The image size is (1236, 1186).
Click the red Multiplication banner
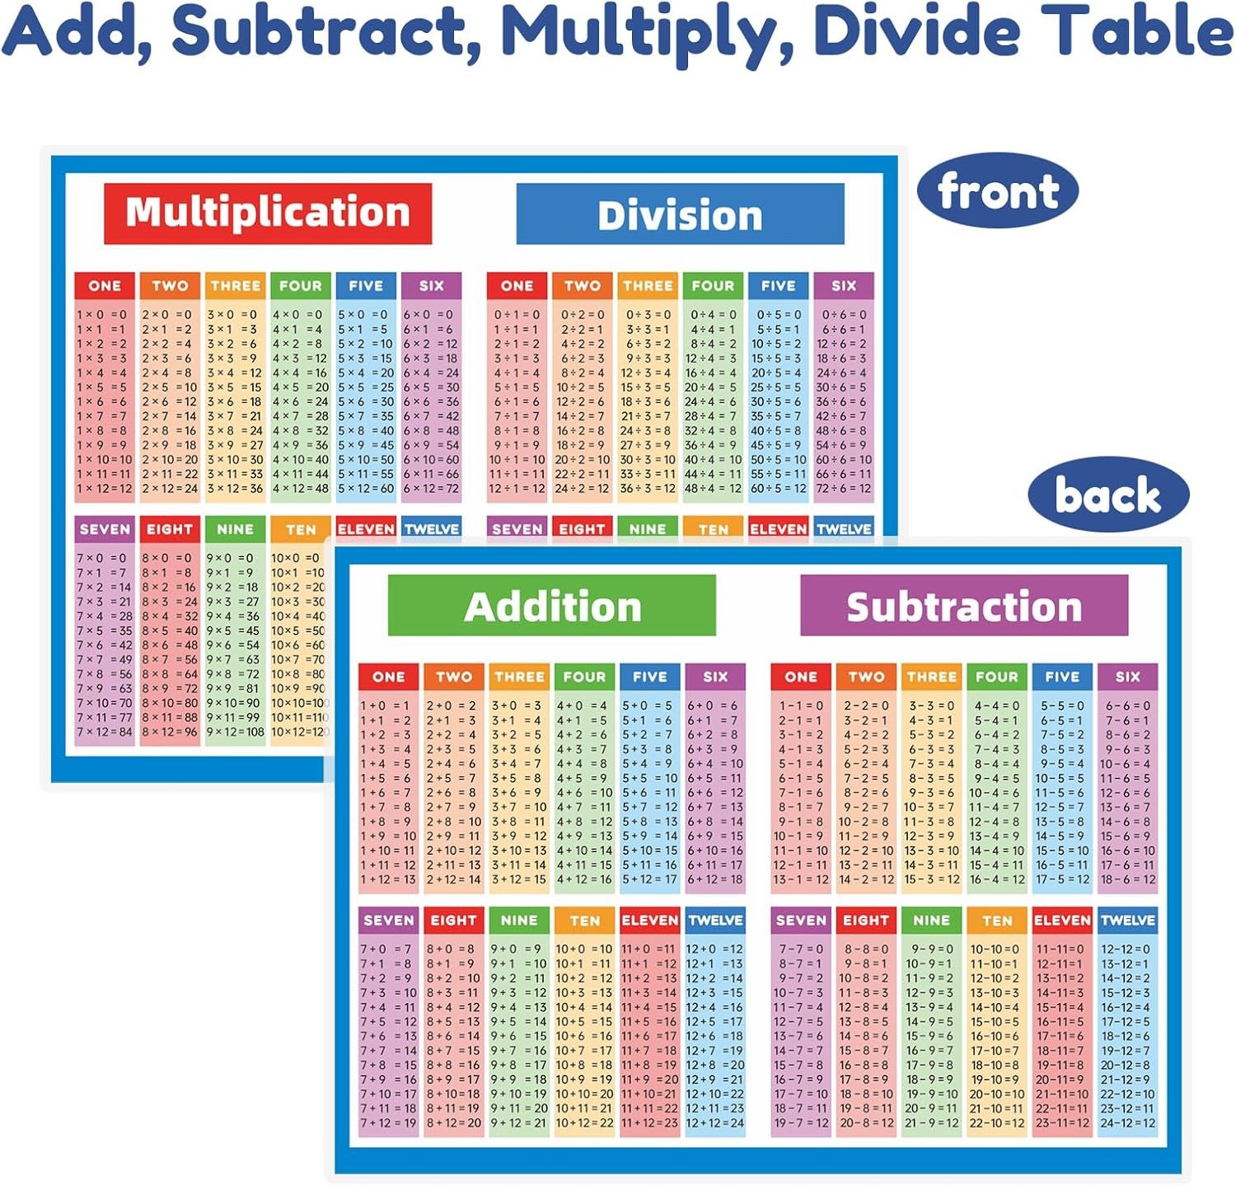(268, 213)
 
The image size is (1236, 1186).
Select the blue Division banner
(680, 214)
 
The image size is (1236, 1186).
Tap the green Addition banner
(551, 606)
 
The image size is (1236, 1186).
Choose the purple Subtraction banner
(963, 606)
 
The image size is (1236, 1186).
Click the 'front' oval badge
(998, 191)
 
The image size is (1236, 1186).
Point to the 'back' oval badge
(1107, 495)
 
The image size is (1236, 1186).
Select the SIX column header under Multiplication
(431, 286)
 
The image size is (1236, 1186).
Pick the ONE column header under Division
(517, 286)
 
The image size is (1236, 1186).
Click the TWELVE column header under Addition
(715, 921)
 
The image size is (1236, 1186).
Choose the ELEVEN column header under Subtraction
(1062, 921)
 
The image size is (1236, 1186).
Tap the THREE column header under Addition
(519, 677)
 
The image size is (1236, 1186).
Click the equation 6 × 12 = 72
(431, 489)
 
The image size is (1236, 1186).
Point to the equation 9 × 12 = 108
(235, 732)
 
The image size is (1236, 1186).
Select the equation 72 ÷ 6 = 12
(843, 489)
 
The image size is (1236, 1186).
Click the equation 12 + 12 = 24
(714, 1123)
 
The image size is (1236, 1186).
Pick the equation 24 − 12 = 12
(1127, 1123)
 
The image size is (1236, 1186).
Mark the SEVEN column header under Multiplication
(105, 529)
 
